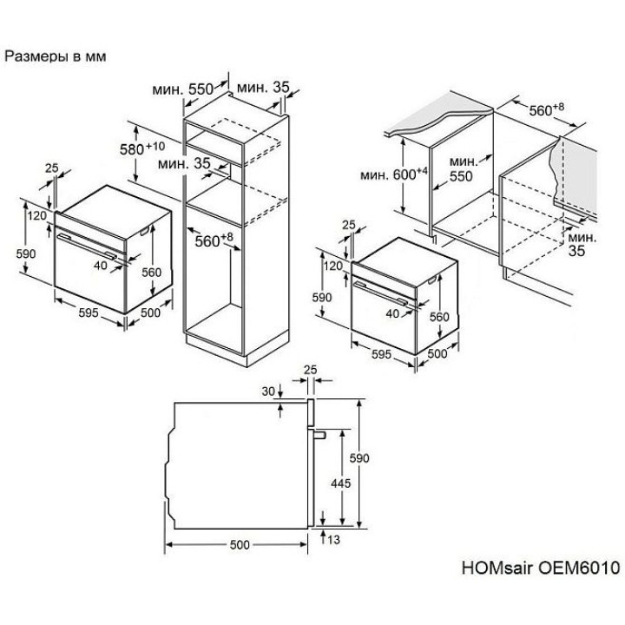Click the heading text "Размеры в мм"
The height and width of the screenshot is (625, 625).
pyautogui.click(x=56, y=56)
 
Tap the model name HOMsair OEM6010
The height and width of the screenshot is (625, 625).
pyautogui.click(x=541, y=567)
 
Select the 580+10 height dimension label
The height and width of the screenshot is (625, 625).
pyautogui.click(x=141, y=148)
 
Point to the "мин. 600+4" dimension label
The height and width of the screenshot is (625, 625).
pyautogui.click(x=394, y=174)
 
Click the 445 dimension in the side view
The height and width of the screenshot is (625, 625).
pyautogui.click(x=341, y=484)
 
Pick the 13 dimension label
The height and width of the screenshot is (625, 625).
pyautogui.click(x=333, y=539)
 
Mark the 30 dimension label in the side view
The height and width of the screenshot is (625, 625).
pyautogui.click(x=268, y=391)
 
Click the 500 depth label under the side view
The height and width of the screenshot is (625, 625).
pyautogui.click(x=240, y=545)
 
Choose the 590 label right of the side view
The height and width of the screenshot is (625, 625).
pyautogui.click(x=359, y=458)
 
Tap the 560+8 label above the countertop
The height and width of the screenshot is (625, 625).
pyautogui.click(x=547, y=109)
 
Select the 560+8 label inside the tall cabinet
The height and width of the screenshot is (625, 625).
pyautogui.click(x=214, y=240)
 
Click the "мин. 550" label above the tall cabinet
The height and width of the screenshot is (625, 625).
pyautogui.click(x=183, y=89)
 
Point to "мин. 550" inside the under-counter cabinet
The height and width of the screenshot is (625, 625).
pyautogui.click(x=463, y=169)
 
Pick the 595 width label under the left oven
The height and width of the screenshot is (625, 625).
pyautogui.click(x=88, y=312)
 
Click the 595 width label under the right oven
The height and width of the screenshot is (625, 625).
pyautogui.click(x=381, y=354)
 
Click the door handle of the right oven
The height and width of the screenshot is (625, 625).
pyautogui.click(x=381, y=293)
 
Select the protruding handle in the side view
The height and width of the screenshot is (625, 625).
pyautogui.click(x=320, y=435)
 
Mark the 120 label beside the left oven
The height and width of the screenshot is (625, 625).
pyautogui.click(x=37, y=215)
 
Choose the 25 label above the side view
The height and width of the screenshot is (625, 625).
pyautogui.click(x=310, y=370)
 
